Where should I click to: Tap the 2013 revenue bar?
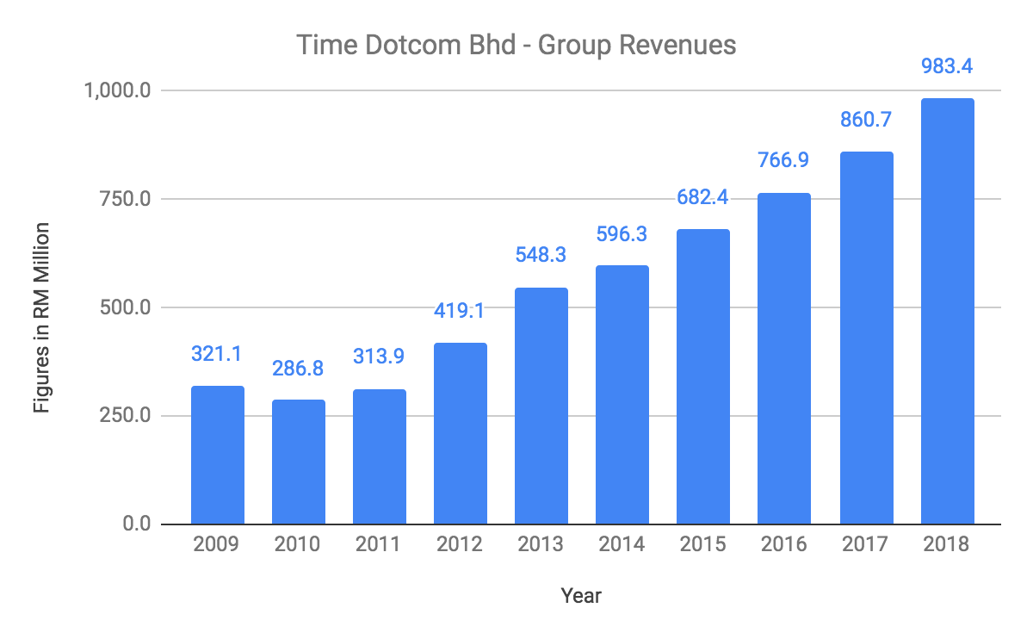coord(541,406)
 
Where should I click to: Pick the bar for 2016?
coord(784,358)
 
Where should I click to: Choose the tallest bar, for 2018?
coord(946,311)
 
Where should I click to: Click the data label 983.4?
coord(946,65)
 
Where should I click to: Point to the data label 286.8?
coord(299,367)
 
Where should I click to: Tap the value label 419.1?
coord(461,310)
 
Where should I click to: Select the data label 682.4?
coord(703,197)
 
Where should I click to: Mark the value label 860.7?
coord(865,120)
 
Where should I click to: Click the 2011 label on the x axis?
coord(380,545)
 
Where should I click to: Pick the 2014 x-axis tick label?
coord(622,545)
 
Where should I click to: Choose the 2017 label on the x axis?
coord(865,545)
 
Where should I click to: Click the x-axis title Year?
coord(582,595)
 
